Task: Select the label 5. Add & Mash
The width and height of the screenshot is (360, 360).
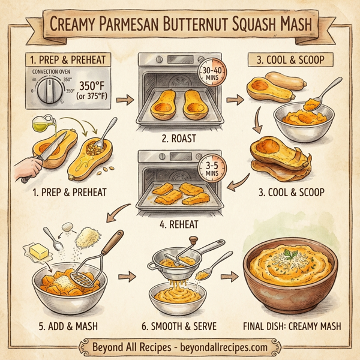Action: [62, 328]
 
